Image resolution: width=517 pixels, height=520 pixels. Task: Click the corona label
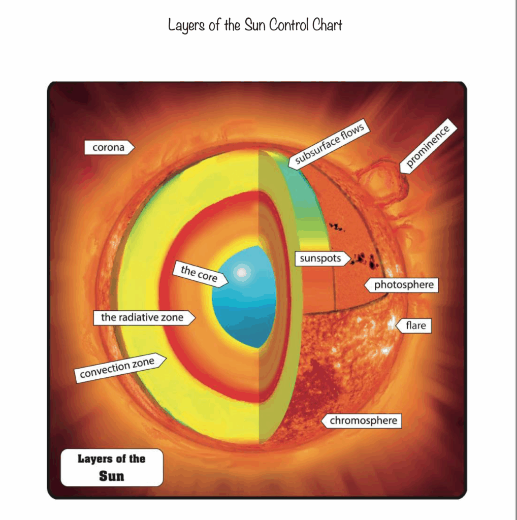point(109,147)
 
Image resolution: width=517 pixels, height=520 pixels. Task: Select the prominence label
point(428,146)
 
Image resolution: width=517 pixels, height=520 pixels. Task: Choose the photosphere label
point(401,285)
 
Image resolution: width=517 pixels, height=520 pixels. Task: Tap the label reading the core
point(200,274)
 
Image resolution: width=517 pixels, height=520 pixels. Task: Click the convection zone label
point(120,368)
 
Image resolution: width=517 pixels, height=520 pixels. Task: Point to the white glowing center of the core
point(241,273)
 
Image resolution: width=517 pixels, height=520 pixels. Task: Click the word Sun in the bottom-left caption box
point(111,476)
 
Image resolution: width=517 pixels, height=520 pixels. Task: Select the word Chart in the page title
point(327,24)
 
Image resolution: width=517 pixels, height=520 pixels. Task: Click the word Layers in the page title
point(186,25)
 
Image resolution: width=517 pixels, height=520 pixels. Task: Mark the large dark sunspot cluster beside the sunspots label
point(365,260)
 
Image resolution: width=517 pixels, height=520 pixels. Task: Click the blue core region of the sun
point(244,296)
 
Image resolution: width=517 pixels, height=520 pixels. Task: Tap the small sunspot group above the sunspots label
point(337,227)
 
